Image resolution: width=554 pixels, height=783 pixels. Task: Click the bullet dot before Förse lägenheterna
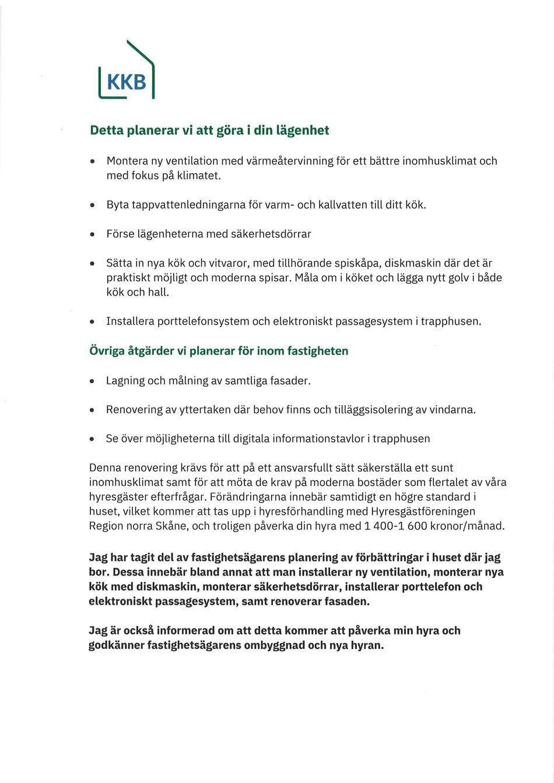[92, 234]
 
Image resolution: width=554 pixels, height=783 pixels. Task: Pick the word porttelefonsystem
[202, 321]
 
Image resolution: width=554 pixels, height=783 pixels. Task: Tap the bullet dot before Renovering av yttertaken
[92, 410]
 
